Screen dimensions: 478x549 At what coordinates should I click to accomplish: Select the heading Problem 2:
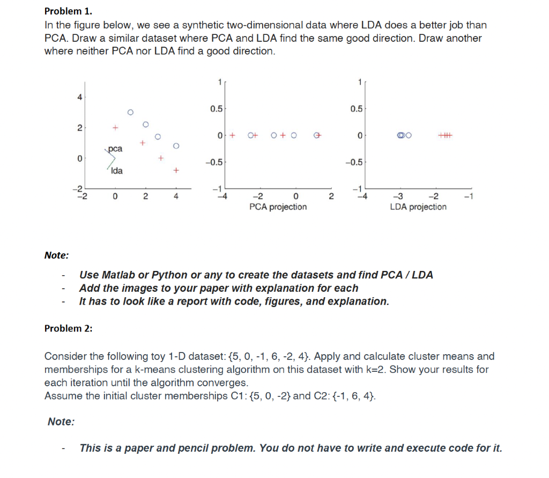68,328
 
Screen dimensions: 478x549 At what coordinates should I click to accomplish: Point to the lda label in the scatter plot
116,171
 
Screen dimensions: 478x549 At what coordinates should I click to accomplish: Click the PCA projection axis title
278,207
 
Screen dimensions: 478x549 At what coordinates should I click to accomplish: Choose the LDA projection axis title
418,207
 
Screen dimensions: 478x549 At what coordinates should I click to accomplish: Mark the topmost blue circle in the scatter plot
130,112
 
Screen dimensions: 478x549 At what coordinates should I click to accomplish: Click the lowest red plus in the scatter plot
176,171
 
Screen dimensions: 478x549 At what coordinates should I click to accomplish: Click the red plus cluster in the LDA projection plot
445,135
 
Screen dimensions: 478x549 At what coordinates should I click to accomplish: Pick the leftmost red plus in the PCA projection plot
232,135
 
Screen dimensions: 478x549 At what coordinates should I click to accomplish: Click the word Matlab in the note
118,275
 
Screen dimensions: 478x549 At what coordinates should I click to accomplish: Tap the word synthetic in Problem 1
206,25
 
